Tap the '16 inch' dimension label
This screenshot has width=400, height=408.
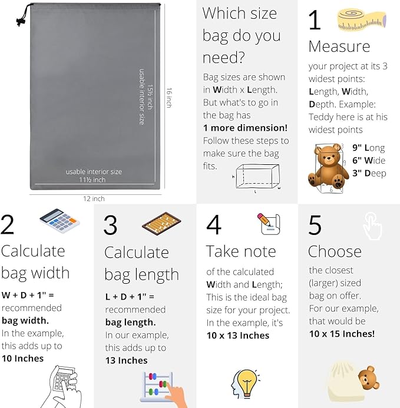tap(169, 98)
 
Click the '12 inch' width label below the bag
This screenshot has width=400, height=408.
tap(94, 199)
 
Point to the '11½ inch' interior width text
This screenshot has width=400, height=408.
tap(92, 180)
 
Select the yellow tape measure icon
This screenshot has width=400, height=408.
tap(362, 20)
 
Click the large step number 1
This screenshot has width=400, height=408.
tap(315, 20)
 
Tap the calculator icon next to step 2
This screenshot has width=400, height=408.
tap(59, 221)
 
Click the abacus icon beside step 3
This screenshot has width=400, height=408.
tap(161, 224)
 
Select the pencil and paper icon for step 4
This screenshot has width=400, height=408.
tap(269, 224)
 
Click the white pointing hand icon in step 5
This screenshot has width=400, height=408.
tap(373, 226)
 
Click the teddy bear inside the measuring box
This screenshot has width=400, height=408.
tap(328, 167)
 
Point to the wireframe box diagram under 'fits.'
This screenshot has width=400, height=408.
tap(257, 177)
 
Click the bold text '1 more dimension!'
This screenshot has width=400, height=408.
tap(245, 128)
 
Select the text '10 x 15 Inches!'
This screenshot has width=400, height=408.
tap(342, 334)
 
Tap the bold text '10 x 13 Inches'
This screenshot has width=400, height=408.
tap(238, 336)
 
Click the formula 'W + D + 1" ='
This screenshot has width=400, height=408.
tap(28, 295)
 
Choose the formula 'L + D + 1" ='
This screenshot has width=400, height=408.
tap(130, 297)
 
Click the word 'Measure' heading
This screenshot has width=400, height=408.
tap(339, 47)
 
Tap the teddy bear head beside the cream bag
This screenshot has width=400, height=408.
tap(369, 378)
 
